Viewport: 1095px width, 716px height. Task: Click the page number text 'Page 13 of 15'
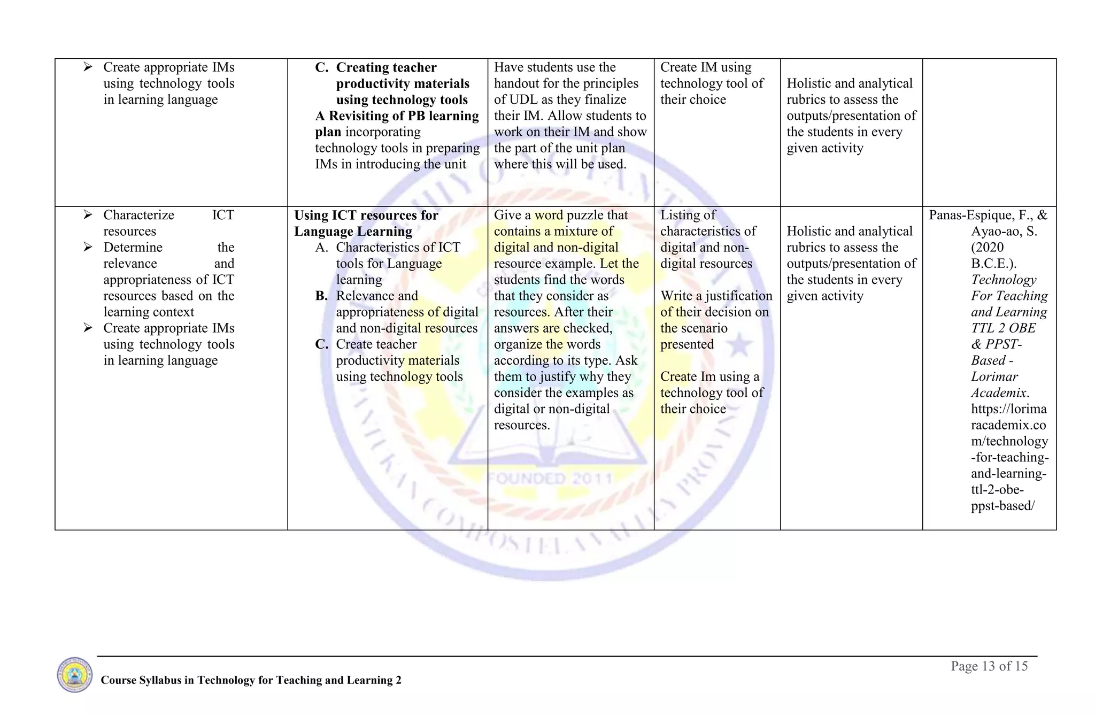pos(989,666)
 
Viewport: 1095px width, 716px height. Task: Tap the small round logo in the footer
pos(75,675)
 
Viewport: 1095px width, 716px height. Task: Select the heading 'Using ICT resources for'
pos(366,215)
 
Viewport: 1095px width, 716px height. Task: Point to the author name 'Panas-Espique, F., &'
pos(988,215)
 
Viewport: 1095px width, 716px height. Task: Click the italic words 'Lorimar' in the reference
pos(994,377)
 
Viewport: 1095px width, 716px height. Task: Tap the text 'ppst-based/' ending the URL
pos(1003,506)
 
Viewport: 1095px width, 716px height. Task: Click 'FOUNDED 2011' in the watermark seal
pos(551,478)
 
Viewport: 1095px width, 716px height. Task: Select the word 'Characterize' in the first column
pos(138,215)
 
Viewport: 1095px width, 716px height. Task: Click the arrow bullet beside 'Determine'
pos(88,248)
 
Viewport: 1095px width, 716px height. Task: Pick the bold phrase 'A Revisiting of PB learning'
pos(397,116)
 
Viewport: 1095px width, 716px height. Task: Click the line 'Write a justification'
pos(716,296)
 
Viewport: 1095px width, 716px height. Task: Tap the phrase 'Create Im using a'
pos(710,377)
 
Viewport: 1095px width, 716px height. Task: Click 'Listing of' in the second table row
pos(688,215)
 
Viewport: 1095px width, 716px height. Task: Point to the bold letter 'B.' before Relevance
pos(321,296)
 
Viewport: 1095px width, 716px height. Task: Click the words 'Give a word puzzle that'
pos(560,215)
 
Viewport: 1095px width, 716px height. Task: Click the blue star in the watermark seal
pos(740,345)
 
